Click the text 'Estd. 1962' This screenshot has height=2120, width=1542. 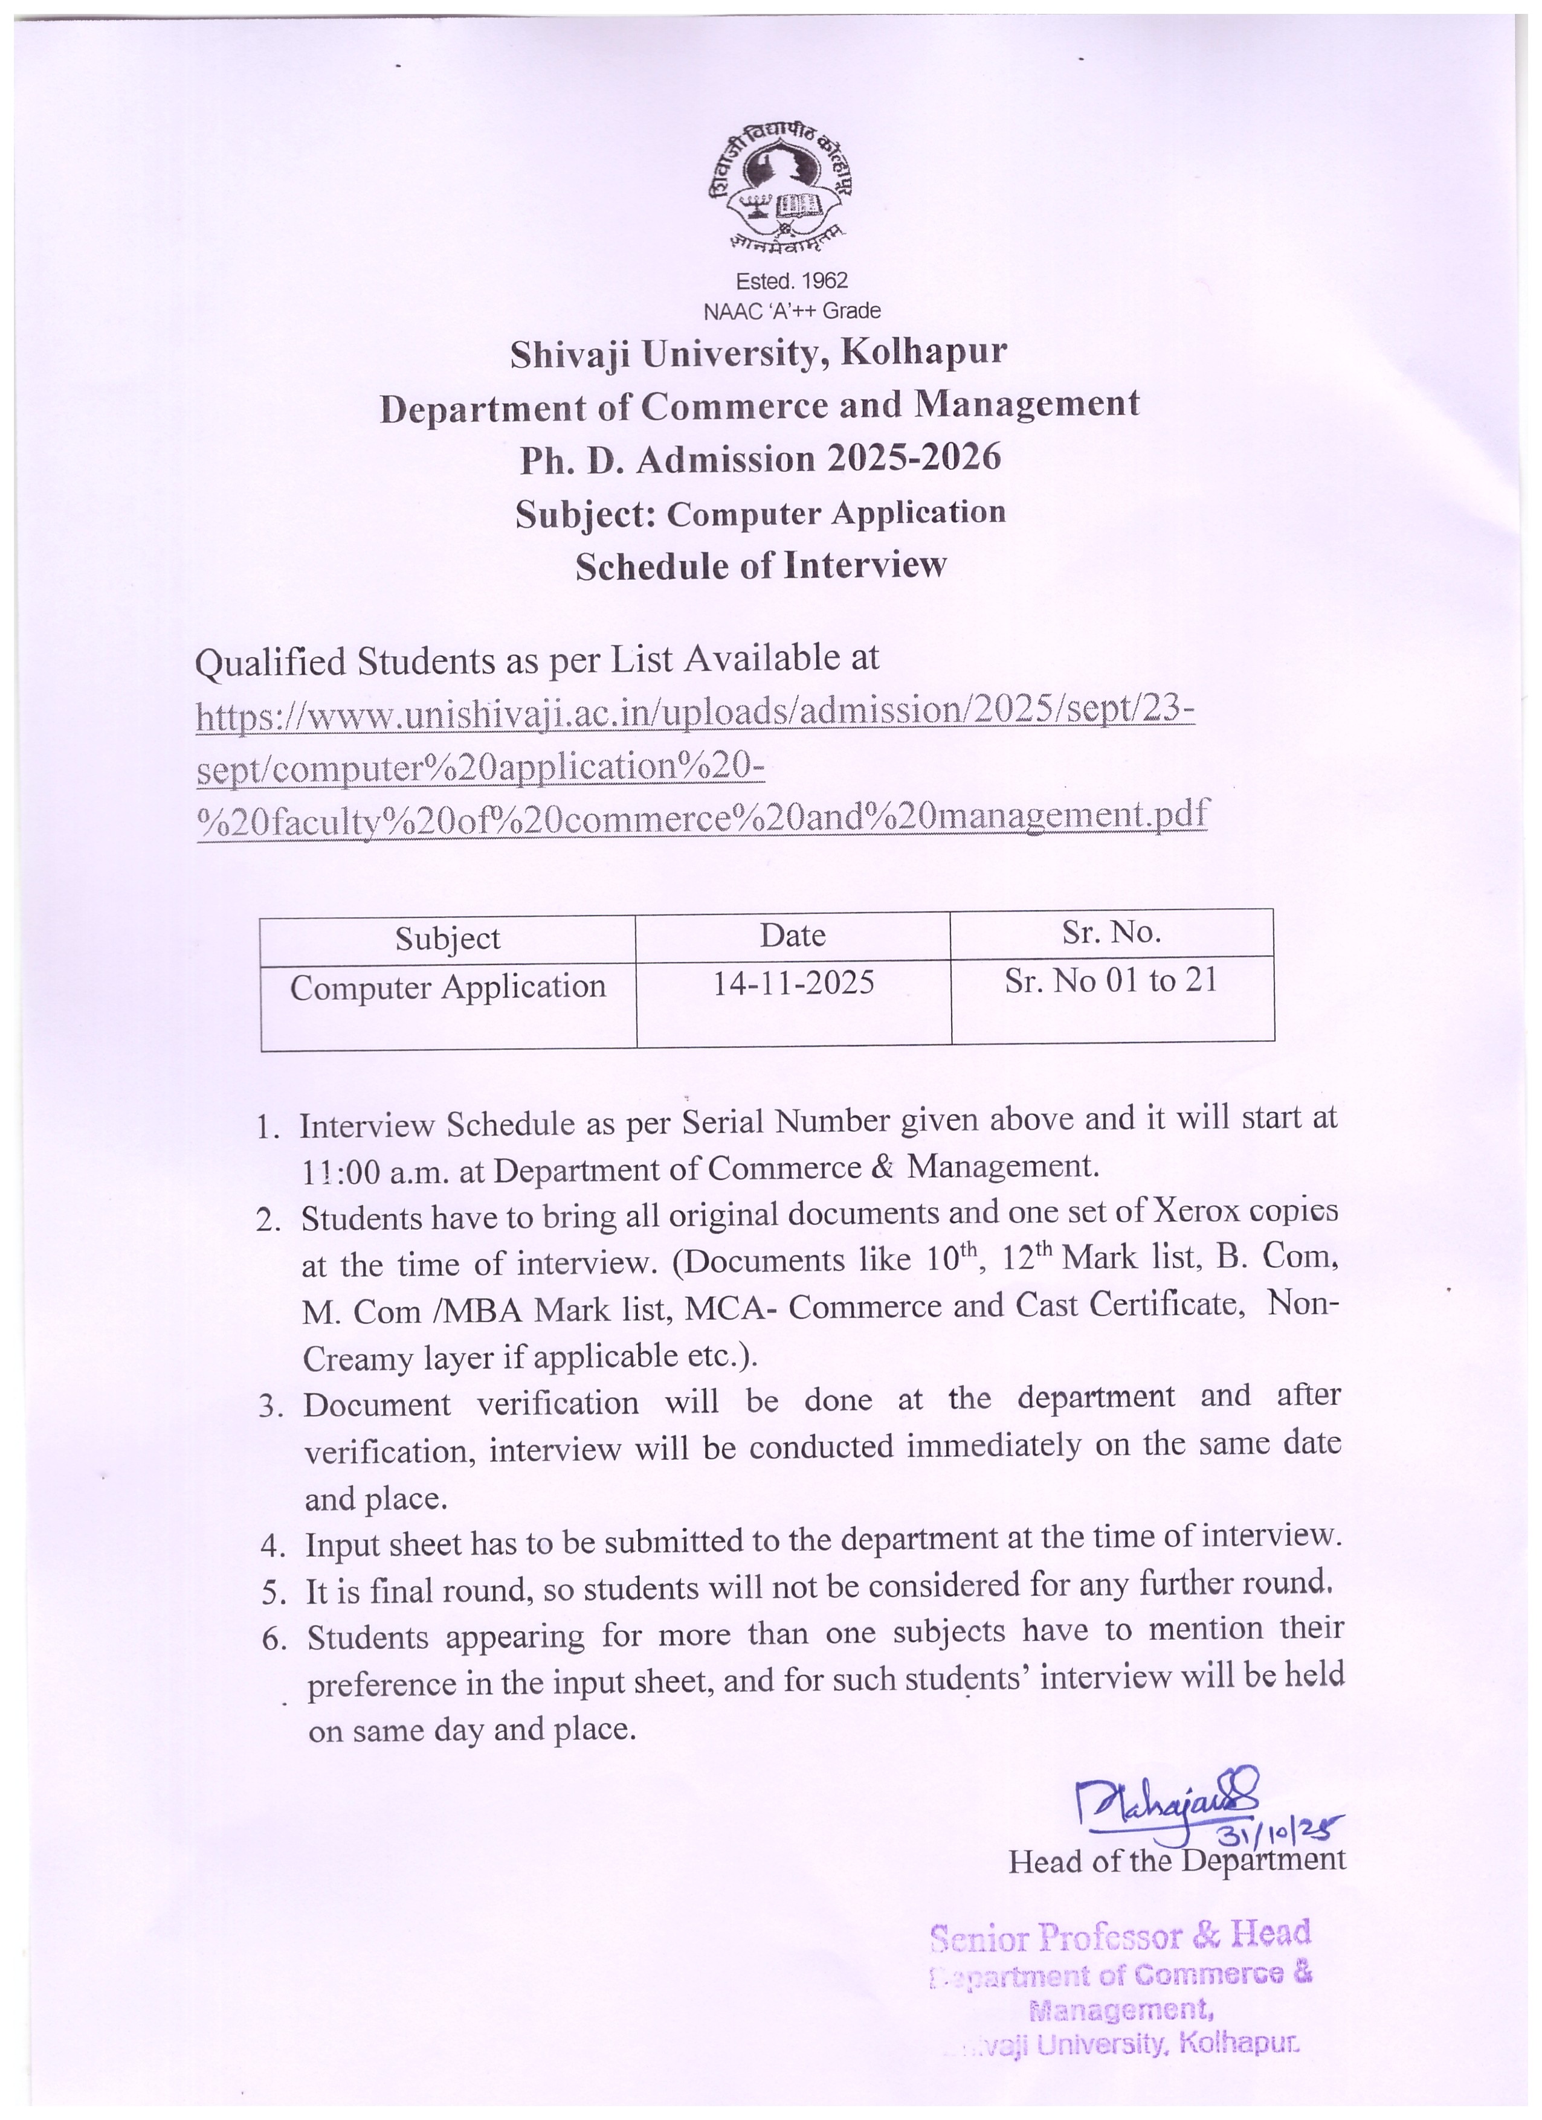click(791, 280)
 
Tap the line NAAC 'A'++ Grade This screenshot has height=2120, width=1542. click(791, 310)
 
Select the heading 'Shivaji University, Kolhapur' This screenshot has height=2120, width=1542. click(758, 353)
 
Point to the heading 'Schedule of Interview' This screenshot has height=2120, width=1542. click(760, 565)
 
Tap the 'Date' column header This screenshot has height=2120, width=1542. click(792, 936)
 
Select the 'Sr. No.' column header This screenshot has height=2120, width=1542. click(1111, 932)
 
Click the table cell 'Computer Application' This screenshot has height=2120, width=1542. click(447, 987)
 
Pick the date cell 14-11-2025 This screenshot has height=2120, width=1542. click(793, 983)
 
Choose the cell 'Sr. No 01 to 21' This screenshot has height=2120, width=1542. click(1111, 980)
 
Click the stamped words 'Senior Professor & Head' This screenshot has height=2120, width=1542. click(1120, 1935)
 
